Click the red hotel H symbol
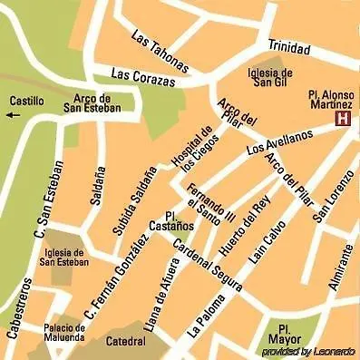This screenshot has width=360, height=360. pos(343,119)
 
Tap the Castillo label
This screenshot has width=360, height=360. pos(27,101)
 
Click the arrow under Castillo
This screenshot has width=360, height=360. pos(12,115)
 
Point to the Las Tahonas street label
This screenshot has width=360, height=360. pos(160,53)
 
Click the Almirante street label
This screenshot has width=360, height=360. pos(340,266)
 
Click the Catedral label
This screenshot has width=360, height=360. pos(125,342)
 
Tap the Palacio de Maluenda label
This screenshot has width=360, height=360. pos(64,333)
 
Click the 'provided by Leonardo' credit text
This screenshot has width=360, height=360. pos(308,351)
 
